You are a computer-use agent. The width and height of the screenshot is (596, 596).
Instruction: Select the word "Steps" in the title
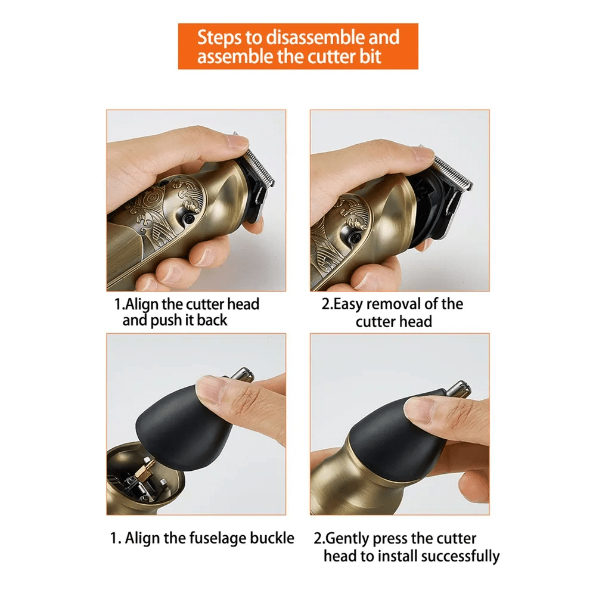pyautogui.click(x=219, y=38)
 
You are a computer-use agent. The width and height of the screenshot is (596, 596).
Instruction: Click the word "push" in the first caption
pyautogui.click(x=166, y=321)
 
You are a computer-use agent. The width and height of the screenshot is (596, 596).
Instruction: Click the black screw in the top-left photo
pyautogui.click(x=188, y=218)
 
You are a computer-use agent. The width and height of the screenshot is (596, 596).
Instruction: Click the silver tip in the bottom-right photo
pyautogui.click(x=458, y=389)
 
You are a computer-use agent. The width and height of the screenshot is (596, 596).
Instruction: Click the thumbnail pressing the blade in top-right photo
pyautogui.click(x=422, y=154)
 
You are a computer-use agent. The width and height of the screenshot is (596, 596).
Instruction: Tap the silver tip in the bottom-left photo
pyautogui.click(x=243, y=374)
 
